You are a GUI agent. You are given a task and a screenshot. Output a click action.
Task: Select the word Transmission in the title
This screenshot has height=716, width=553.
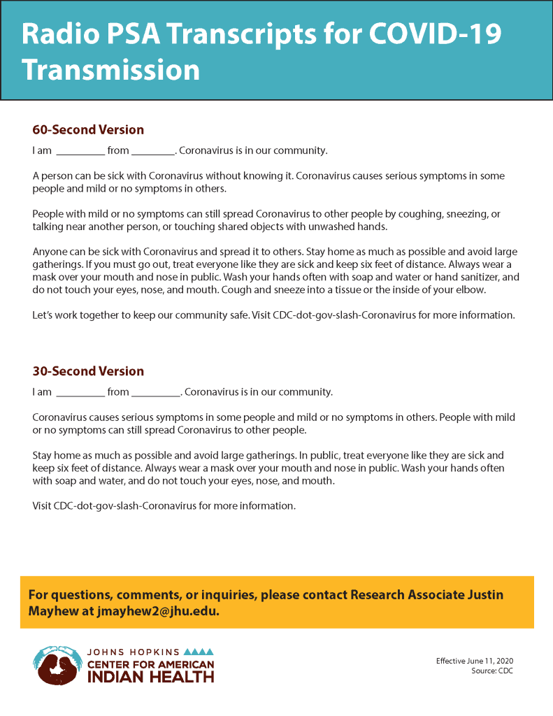[x=110, y=70]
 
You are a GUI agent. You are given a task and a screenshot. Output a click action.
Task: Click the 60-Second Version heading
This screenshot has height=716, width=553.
[x=88, y=129]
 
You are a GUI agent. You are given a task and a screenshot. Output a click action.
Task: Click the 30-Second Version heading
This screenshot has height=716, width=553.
[x=88, y=371]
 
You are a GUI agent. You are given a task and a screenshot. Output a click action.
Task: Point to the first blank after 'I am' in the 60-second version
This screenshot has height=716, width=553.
[x=80, y=151]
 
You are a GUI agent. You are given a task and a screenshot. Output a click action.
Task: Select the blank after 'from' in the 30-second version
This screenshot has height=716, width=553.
[x=156, y=392]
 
